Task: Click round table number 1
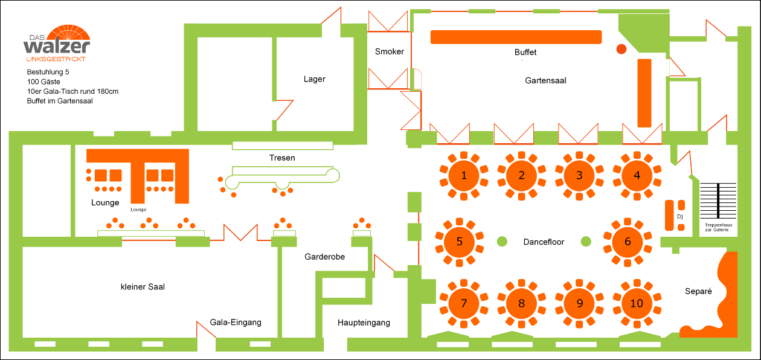pyautogui.click(x=464, y=176)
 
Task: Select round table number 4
pyautogui.click(x=637, y=176)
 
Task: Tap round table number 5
pyautogui.click(x=460, y=242)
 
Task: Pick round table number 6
pyautogui.click(x=628, y=242)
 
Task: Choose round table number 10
pyautogui.click(x=637, y=303)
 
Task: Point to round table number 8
pyautogui.click(x=522, y=303)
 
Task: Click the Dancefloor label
pyautogui.click(x=544, y=242)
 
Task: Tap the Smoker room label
pyautogui.click(x=389, y=51)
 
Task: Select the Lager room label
pyautogui.click(x=314, y=79)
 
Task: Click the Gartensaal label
pyautogui.click(x=545, y=80)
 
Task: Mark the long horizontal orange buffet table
pyautogui.click(x=516, y=37)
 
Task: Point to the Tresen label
pyautogui.click(x=282, y=158)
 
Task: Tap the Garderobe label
pyautogui.click(x=324, y=257)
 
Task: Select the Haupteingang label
pyautogui.click(x=364, y=323)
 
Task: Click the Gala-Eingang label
pyautogui.click(x=236, y=322)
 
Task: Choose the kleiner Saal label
pyautogui.click(x=143, y=286)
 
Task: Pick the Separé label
pyautogui.click(x=698, y=291)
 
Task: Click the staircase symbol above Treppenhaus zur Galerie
pyautogui.click(x=718, y=200)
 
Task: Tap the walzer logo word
pyautogui.click(x=57, y=47)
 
